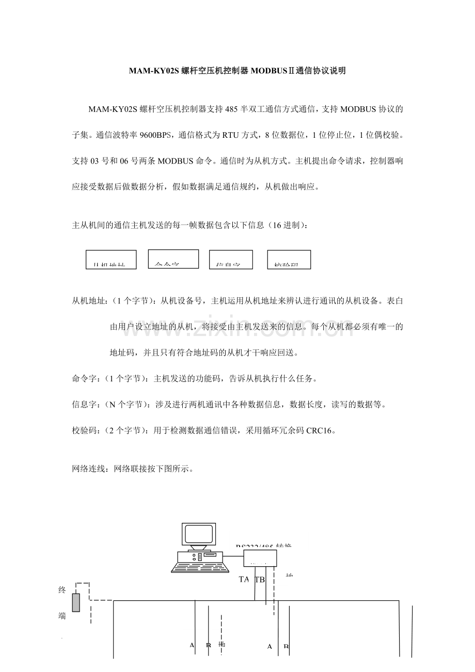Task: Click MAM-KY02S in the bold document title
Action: (x=154, y=71)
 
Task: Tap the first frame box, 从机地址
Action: (x=111, y=260)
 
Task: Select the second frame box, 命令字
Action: (x=173, y=259)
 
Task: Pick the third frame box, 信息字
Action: (x=231, y=260)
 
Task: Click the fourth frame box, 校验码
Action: (x=289, y=260)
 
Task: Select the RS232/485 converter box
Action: (x=260, y=558)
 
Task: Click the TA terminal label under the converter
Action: (x=244, y=579)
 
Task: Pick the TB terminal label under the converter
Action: (x=260, y=579)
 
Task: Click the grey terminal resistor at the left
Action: (x=76, y=602)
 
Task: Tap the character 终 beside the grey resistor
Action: (x=62, y=589)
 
